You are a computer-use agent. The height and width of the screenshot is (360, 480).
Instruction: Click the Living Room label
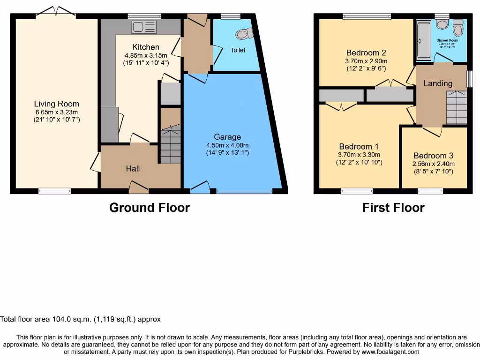[56, 104]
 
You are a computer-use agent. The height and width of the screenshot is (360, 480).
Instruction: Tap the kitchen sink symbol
[144, 27]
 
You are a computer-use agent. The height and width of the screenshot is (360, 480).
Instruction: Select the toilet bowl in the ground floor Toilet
[244, 33]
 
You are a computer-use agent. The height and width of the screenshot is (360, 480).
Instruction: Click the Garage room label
[227, 137]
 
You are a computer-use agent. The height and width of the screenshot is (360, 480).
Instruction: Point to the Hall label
[133, 168]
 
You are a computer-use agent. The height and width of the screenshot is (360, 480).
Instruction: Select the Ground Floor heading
[149, 208]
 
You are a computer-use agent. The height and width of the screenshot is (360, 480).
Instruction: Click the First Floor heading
[393, 208]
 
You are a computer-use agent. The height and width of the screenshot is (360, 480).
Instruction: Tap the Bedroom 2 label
[366, 52]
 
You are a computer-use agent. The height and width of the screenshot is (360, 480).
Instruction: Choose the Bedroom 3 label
[434, 156]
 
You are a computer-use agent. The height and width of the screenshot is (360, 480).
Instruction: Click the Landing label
[438, 83]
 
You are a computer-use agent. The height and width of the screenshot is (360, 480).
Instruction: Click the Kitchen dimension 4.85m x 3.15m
[146, 55]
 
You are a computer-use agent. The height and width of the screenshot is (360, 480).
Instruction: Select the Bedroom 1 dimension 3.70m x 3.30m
[359, 155]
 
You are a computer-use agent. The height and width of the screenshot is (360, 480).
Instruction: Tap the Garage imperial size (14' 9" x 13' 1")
[227, 152]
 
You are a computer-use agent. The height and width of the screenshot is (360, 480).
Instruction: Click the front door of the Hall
[139, 188]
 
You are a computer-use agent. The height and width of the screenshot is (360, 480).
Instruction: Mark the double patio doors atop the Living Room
[56, 12]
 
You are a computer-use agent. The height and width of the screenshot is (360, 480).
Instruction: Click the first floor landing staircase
[456, 108]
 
